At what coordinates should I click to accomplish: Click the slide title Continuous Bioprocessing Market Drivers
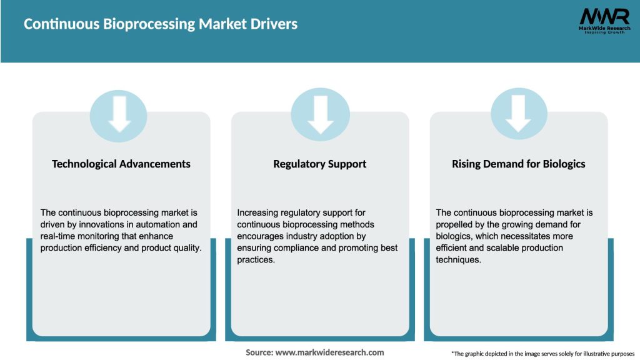161,24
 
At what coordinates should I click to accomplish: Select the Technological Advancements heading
121,164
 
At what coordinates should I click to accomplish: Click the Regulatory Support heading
320,164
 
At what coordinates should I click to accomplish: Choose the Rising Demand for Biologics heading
519,164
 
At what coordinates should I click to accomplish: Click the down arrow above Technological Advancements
119,114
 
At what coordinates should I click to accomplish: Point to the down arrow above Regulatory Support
321,114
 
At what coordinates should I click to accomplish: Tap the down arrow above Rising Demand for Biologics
519,114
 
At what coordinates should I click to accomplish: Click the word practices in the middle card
256,260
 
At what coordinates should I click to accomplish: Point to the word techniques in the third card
458,260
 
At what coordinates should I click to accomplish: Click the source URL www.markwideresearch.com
329,352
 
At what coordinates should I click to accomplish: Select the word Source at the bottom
259,352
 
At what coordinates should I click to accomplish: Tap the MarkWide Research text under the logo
604,28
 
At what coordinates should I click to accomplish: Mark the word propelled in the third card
455,224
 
